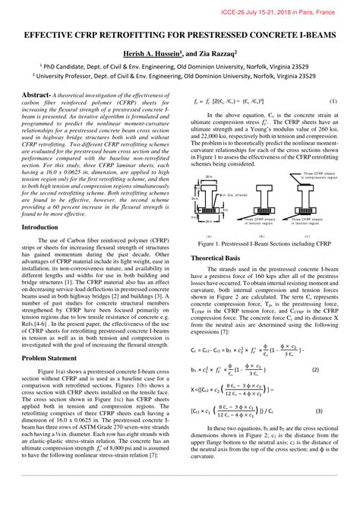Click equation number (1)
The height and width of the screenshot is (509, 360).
333,101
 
